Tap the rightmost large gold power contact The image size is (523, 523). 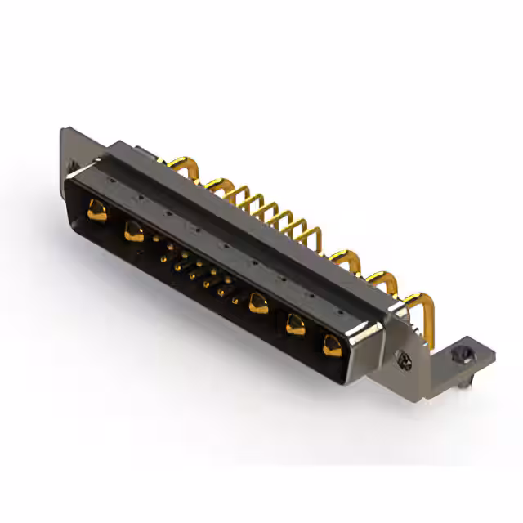click(333, 343)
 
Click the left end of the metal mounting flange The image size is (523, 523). click(67, 147)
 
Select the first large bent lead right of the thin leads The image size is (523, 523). click(343, 260)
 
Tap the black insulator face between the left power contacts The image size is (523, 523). click(114, 222)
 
